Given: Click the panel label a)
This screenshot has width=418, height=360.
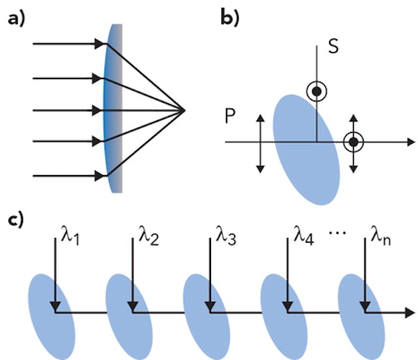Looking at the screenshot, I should tap(14, 20).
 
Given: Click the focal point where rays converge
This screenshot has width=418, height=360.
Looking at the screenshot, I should tap(186, 110).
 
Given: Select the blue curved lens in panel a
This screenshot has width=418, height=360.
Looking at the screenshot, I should tap(114, 108).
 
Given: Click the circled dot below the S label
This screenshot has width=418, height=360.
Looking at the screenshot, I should tap(317, 92).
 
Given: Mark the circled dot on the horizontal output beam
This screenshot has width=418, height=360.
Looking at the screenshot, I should tap(353, 142).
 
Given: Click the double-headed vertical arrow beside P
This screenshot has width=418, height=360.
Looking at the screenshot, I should tap(260, 142).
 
